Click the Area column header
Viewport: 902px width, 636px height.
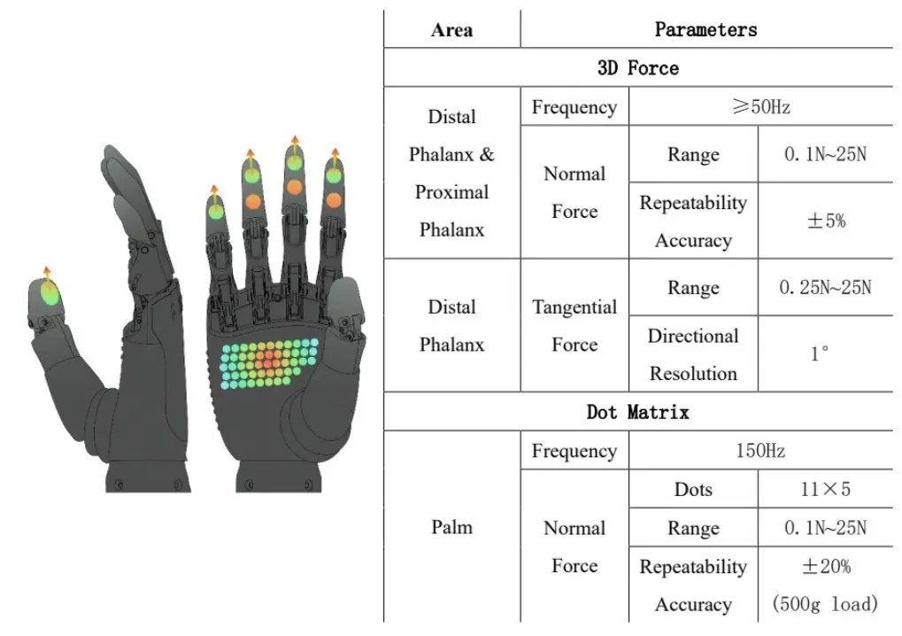tap(451, 29)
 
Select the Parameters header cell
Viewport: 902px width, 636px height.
tap(705, 29)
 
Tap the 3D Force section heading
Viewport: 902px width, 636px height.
tap(637, 68)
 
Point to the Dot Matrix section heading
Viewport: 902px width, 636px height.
tap(637, 412)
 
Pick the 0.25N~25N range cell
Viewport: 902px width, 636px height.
tap(825, 288)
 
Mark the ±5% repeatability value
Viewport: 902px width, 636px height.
tap(825, 221)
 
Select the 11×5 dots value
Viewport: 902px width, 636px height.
tap(825, 490)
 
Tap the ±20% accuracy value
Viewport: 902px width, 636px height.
tap(825, 566)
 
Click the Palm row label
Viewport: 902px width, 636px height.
tap(451, 528)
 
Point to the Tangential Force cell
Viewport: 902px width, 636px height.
tap(574, 325)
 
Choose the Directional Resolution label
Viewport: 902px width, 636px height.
tap(693, 354)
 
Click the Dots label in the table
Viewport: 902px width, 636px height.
tap(692, 490)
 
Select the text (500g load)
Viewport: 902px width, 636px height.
tap(825, 604)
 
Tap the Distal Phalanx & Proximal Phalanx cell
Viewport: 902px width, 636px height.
tap(451, 173)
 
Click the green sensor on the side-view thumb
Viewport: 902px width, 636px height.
tap(50, 292)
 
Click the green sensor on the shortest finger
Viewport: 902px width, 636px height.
tap(215, 210)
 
